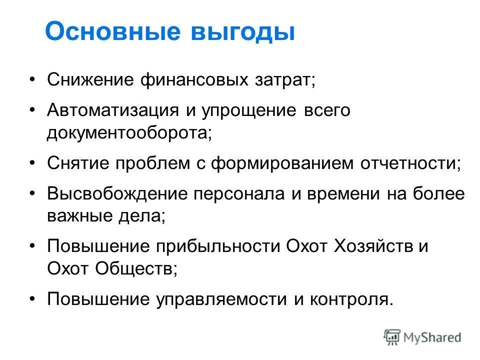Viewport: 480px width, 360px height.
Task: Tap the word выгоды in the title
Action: click(x=242, y=32)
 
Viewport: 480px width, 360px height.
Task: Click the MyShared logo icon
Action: click(x=393, y=337)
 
